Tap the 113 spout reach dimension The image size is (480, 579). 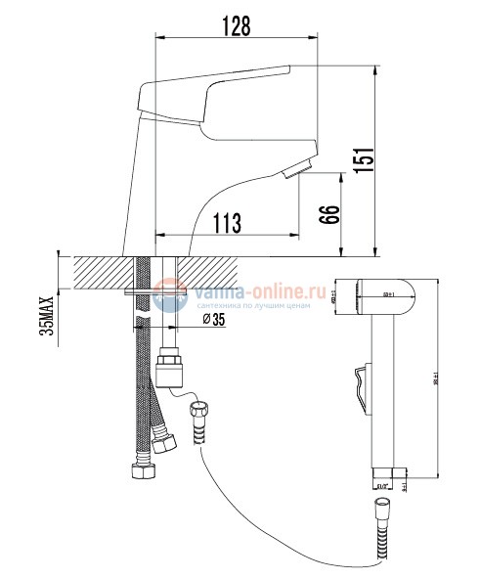tap(226, 224)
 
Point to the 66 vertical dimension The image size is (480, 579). tap(330, 214)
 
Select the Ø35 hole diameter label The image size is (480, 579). tap(214, 320)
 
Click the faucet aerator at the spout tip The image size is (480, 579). tap(296, 171)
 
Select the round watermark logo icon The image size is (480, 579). tap(169, 294)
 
